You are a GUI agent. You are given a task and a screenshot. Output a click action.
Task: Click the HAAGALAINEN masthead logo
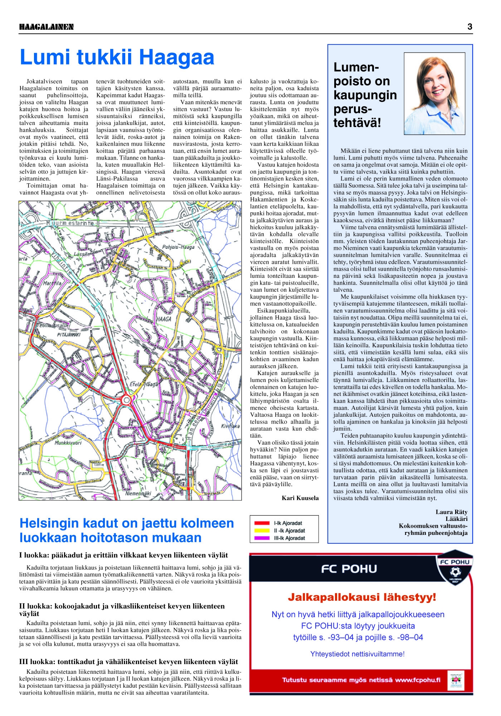pyautogui.click(x=47, y=27)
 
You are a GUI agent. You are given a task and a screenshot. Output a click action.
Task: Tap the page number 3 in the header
pyautogui.click(x=470, y=26)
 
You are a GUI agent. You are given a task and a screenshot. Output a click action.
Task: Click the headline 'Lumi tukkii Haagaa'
pyautogui.click(x=117, y=57)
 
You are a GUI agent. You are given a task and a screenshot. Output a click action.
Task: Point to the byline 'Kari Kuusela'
pyautogui.click(x=300, y=498)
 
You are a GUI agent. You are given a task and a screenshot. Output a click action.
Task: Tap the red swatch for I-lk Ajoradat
pyautogui.click(x=262, y=523)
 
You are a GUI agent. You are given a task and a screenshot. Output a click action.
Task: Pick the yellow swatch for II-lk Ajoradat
pyautogui.click(x=262, y=531)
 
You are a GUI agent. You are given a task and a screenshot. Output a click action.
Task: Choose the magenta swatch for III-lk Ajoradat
pyautogui.click(x=262, y=538)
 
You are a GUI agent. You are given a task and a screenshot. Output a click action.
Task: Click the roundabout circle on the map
pyautogui.click(x=126, y=400)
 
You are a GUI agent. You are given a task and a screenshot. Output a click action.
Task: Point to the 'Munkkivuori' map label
pyautogui.click(x=68, y=443)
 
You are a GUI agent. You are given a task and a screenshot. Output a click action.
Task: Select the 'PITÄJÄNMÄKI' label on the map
pyautogui.click(x=69, y=335)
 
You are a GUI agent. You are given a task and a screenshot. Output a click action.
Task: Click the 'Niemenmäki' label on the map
pyautogui.click(x=138, y=493)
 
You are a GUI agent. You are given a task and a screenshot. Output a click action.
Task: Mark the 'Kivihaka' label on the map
pyautogui.click(x=230, y=426)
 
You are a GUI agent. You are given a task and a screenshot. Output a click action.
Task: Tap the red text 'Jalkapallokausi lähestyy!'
pyautogui.click(x=362, y=597)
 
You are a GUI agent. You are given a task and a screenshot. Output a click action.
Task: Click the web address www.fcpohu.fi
pyautogui.click(x=418, y=680)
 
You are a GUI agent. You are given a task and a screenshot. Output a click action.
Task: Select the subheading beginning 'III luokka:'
pyautogui.click(x=128, y=662)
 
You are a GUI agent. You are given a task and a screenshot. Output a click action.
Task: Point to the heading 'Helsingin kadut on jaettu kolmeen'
pyautogui.click(x=127, y=523)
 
